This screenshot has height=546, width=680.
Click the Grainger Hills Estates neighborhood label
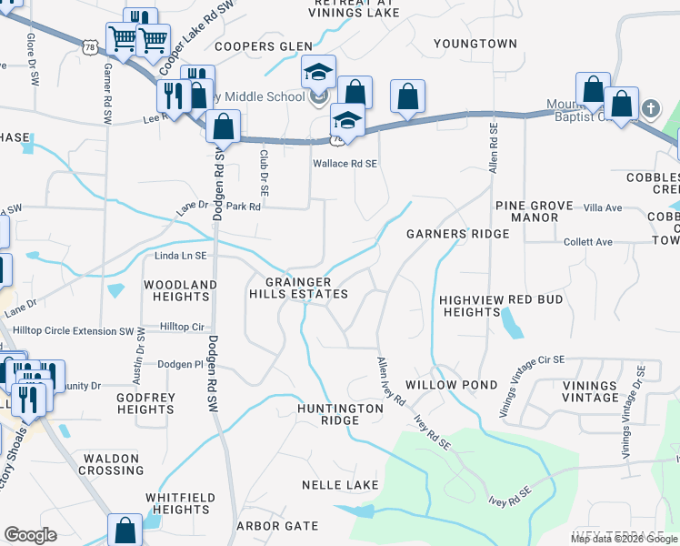tap(299, 288)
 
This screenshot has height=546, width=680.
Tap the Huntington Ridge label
tap(340, 415)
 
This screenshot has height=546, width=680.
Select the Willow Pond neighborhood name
tap(452, 385)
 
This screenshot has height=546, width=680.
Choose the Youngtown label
tap(475, 44)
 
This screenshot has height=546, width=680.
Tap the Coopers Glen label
tap(263, 46)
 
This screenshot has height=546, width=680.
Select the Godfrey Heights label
tap(145, 403)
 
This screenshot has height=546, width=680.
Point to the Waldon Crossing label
tap(111, 464)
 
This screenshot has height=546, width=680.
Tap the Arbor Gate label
tap(277, 526)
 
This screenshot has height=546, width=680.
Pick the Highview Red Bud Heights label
tap(501, 306)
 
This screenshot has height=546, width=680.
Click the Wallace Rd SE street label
tap(345, 164)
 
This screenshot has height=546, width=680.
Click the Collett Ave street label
tap(588, 242)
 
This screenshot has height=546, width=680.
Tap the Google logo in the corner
tap(30, 535)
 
